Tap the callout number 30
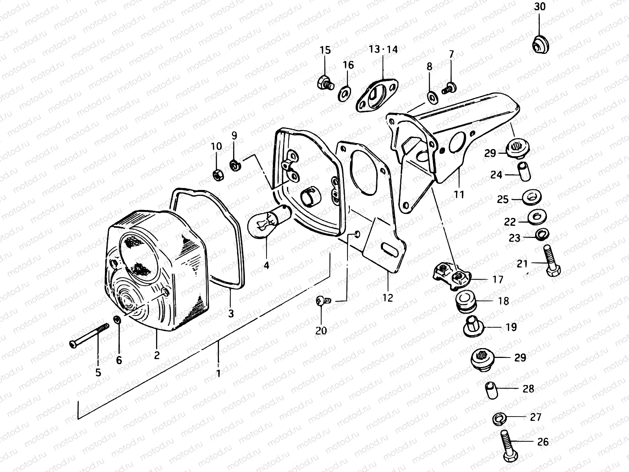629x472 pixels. (x=540, y=7)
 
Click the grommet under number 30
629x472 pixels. (x=541, y=44)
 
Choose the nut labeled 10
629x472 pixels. (x=217, y=174)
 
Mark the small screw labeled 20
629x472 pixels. (x=323, y=301)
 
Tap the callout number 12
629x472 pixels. (x=388, y=298)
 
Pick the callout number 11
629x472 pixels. (x=459, y=194)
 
